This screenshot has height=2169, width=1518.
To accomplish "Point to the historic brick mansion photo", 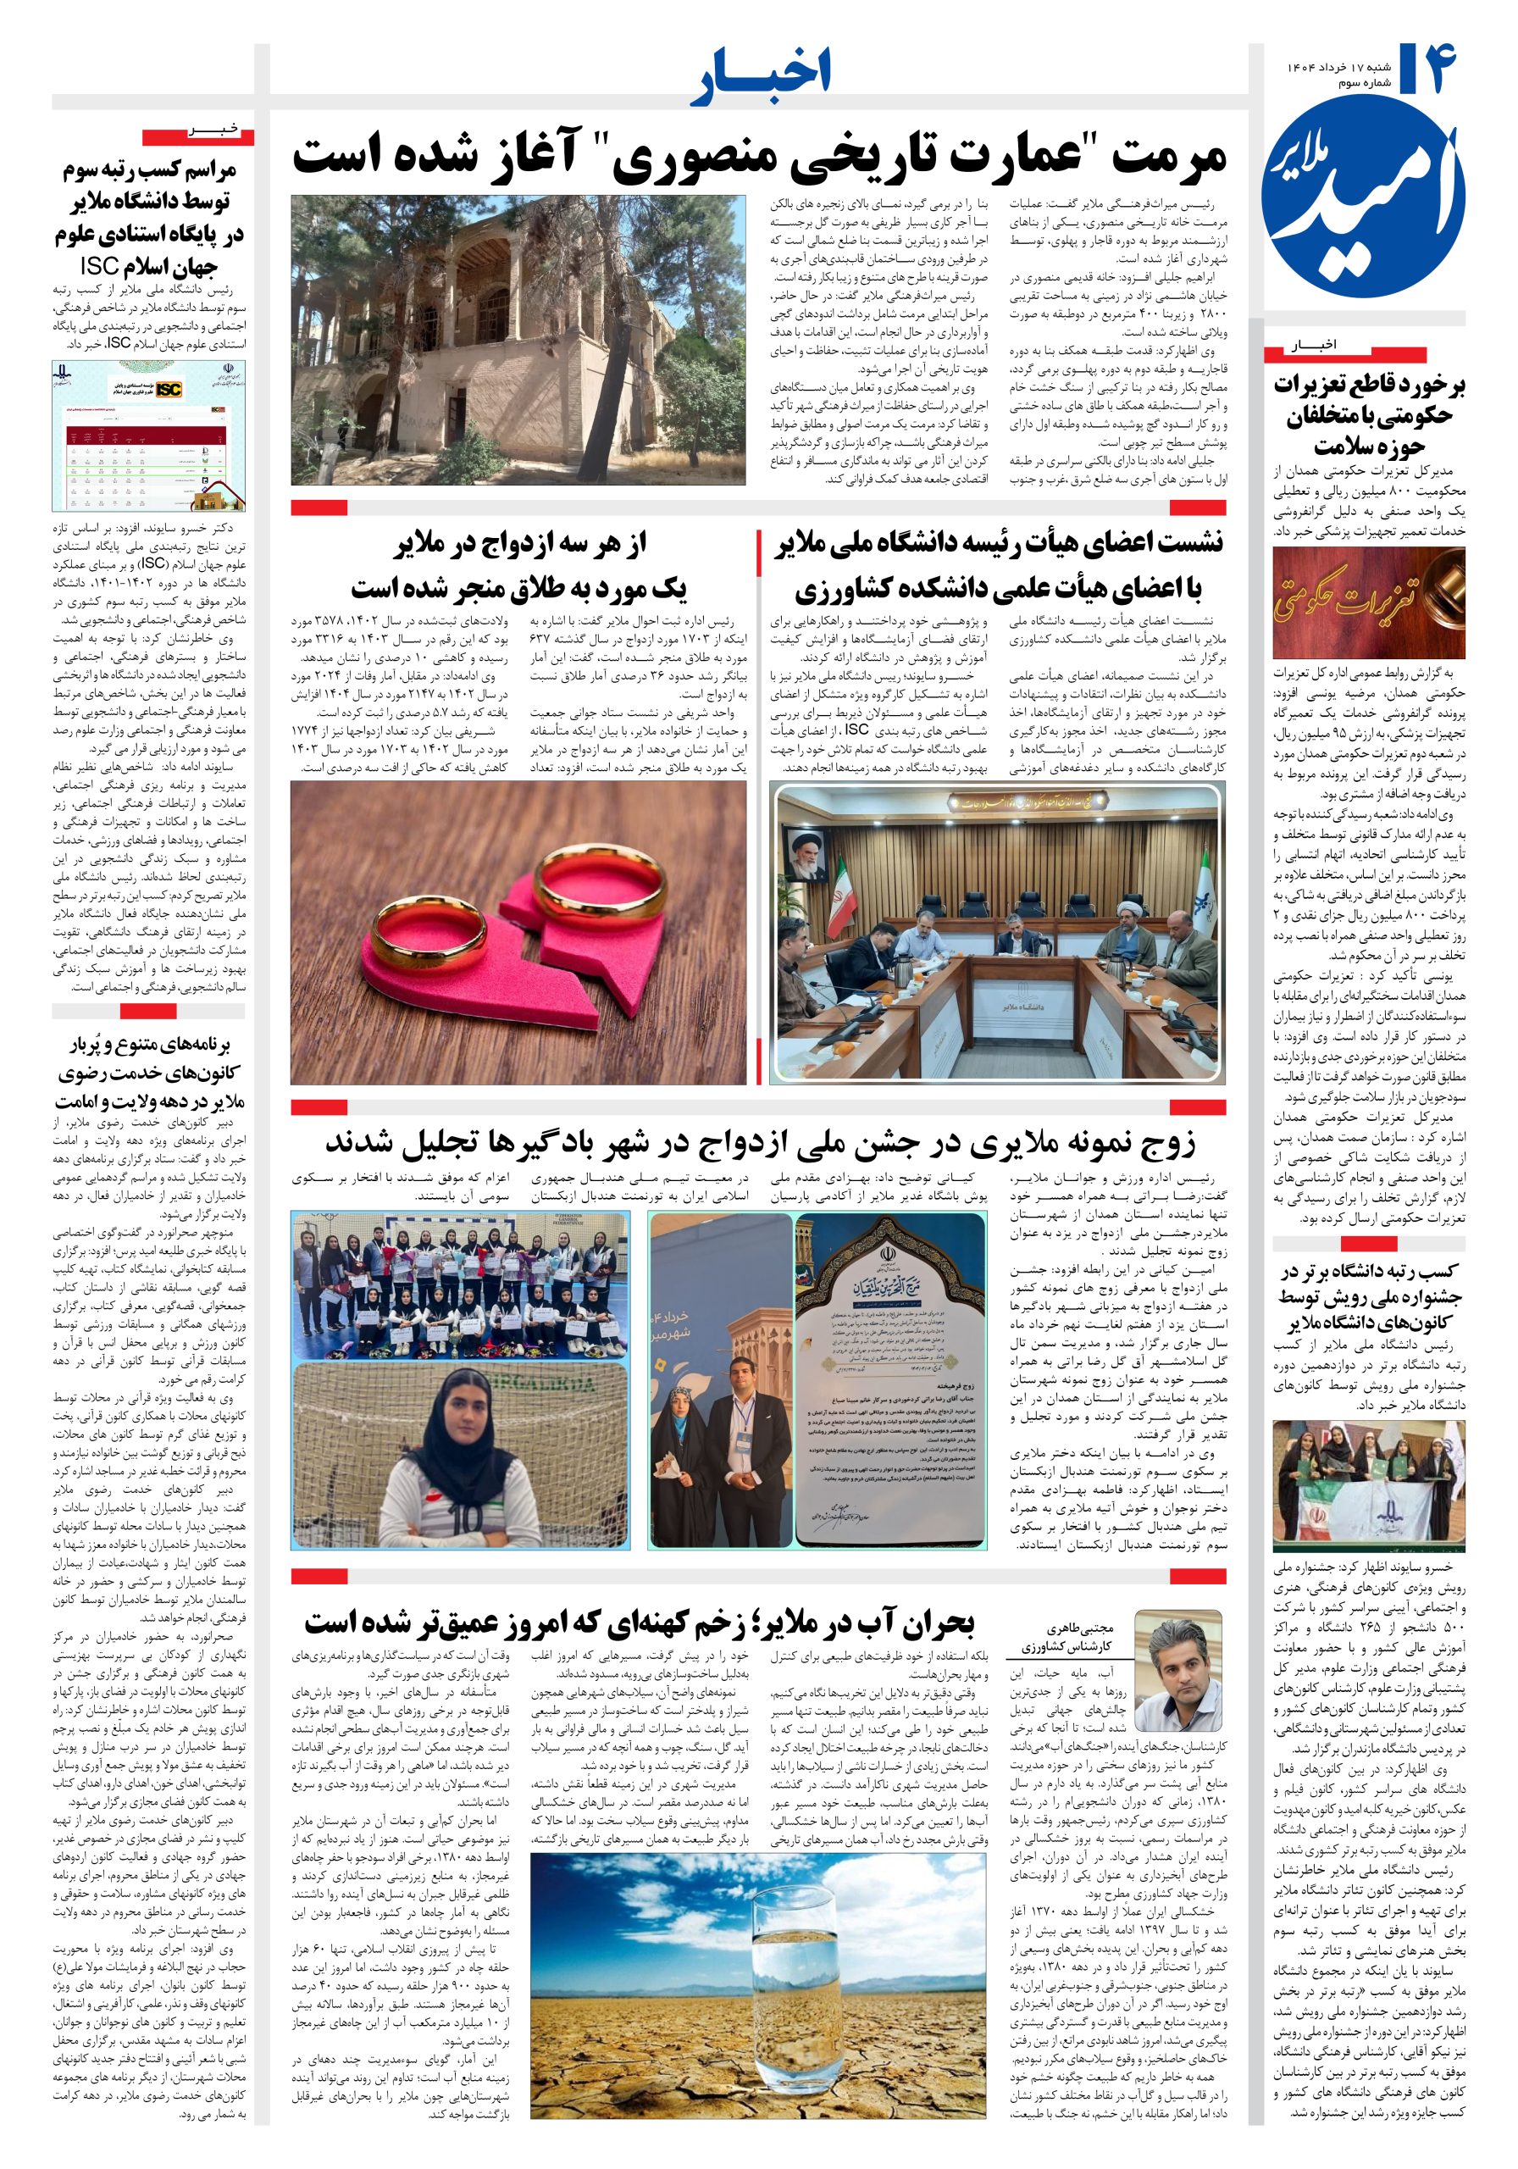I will point(518,340).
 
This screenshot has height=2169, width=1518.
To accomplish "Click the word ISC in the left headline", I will point(104,265).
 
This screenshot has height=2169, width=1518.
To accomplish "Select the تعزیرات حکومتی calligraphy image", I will point(1367,602).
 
